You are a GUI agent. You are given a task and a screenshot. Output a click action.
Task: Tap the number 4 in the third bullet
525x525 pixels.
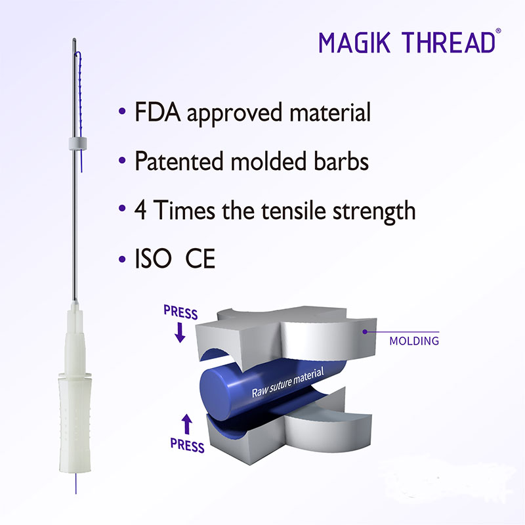pos(141,211)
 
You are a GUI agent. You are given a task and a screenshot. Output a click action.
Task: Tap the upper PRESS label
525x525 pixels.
pos(180,314)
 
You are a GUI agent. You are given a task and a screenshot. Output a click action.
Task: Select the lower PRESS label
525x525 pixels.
pos(187,446)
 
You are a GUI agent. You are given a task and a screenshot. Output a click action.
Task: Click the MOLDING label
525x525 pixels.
pos(414,341)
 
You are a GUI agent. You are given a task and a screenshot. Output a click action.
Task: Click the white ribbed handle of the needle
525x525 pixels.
pos(76,420)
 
